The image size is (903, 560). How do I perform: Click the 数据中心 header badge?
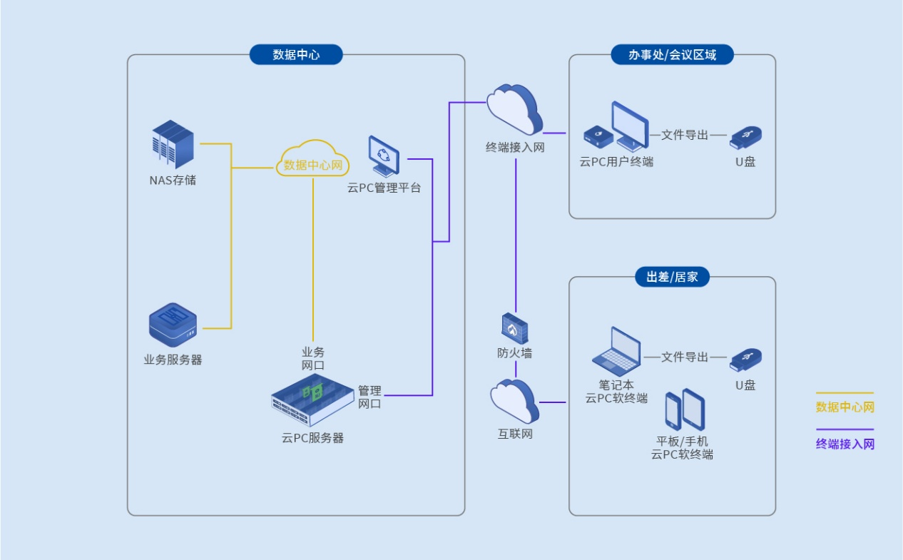click(296, 55)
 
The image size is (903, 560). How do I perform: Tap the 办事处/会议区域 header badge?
click(672, 55)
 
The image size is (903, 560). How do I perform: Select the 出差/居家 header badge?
click(672, 278)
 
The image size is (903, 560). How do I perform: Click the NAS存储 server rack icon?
click(173, 145)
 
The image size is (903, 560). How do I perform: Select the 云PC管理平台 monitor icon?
click(384, 156)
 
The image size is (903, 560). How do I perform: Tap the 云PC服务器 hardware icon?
click(314, 404)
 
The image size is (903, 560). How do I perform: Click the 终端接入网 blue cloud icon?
click(515, 109)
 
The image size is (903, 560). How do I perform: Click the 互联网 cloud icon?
click(514, 401)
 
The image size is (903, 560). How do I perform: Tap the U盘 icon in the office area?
click(746, 136)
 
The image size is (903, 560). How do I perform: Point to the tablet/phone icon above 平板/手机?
click(685, 410)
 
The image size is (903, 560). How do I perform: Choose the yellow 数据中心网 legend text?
click(845, 408)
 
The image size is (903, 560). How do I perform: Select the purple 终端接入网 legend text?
click(845, 444)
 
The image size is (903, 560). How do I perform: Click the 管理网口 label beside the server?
click(369, 397)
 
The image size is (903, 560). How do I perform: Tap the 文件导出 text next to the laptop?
click(685, 357)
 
